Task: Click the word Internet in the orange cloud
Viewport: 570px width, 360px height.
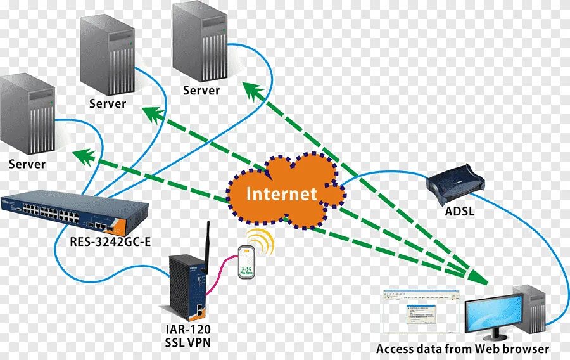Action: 281,194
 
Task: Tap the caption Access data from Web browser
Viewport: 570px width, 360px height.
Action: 462,349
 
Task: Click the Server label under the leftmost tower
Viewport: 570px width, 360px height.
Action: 27,164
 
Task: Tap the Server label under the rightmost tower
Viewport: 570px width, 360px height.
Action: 201,90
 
